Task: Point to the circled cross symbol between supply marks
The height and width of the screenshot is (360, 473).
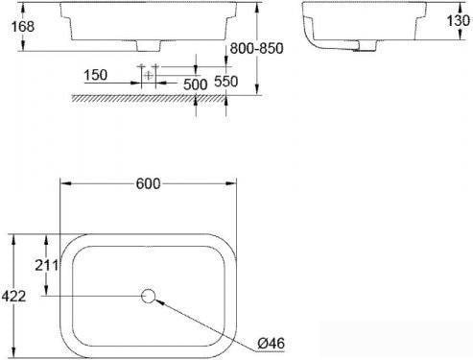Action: [148, 74]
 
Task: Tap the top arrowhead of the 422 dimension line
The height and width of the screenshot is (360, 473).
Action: [12, 236]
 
